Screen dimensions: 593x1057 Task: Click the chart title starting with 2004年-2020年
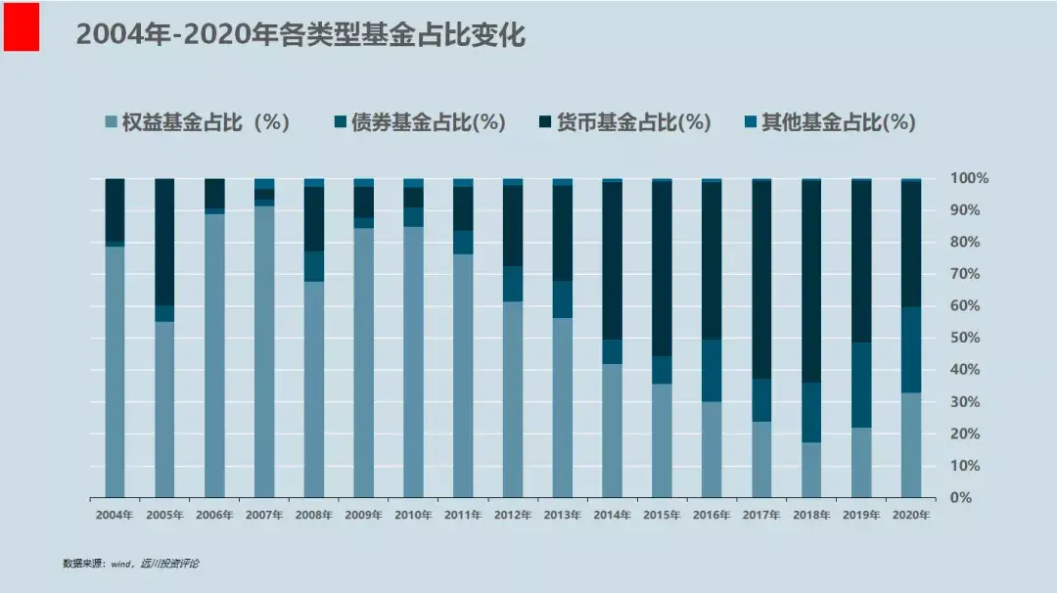pyautogui.click(x=300, y=35)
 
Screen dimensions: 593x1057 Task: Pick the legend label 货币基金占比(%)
pyautogui.click(x=633, y=122)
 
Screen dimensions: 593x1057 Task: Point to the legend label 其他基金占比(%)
pyautogui.click(x=839, y=122)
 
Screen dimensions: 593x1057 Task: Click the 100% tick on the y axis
pyautogui.click(x=969, y=178)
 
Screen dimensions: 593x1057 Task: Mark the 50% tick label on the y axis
pyautogui.click(x=965, y=338)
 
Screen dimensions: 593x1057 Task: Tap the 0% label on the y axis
pyautogui.click(x=961, y=497)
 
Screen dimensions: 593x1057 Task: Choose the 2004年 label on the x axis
pyautogui.click(x=115, y=515)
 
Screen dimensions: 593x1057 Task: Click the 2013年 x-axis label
pyautogui.click(x=563, y=515)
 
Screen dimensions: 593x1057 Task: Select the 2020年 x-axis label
pyautogui.click(x=911, y=515)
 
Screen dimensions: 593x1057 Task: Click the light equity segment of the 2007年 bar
pyautogui.click(x=264, y=352)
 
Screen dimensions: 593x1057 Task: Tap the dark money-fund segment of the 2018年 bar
pyautogui.click(x=811, y=282)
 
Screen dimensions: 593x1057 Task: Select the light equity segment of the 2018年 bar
pyautogui.click(x=811, y=470)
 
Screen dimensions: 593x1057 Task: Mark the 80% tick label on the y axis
pyautogui.click(x=965, y=242)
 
